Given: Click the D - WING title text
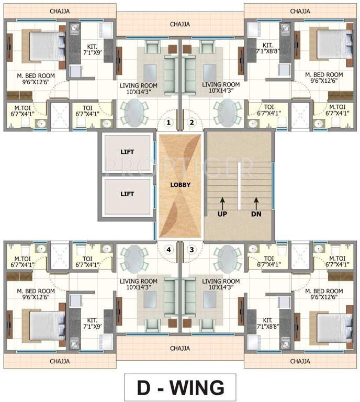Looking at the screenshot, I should [x=181, y=387].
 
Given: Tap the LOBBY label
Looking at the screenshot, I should [x=180, y=185].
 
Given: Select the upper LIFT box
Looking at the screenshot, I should [x=127, y=152].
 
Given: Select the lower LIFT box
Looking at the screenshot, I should [x=127, y=194].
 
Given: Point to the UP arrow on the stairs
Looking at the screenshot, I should [x=222, y=201].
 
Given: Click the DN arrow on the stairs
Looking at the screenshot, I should [x=256, y=201].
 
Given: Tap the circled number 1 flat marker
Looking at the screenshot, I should [x=168, y=123].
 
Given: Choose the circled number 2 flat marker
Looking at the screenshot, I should [x=192, y=123].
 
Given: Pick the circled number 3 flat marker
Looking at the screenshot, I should [x=192, y=250].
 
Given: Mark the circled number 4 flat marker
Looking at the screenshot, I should [x=168, y=250].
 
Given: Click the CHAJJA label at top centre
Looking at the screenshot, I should [x=180, y=24].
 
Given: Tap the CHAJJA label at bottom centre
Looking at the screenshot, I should [x=180, y=348].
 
